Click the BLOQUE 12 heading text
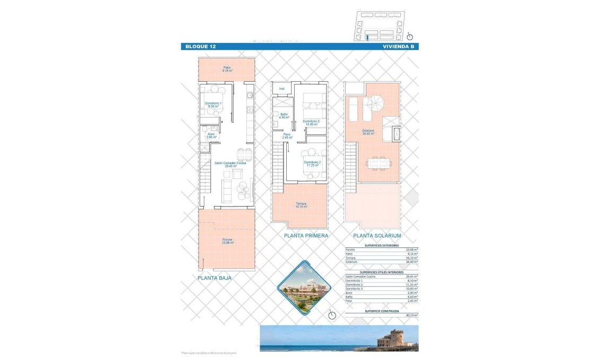pyautogui.click(x=200, y=47)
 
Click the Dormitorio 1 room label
pyautogui.click(x=213, y=105)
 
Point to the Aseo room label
pyautogui.click(x=211, y=135)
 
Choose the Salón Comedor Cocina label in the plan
pyautogui.click(x=230, y=165)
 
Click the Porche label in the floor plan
pyautogui.click(x=228, y=241)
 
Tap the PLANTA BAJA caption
pyautogui.click(x=215, y=277)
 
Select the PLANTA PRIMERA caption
pyautogui.click(x=306, y=236)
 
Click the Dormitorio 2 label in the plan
pyautogui.click(x=312, y=164)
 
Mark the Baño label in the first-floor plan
pyautogui.click(x=285, y=115)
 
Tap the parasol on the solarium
pyautogui.click(x=378, y=101)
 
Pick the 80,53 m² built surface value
pyautogui.click(x=412, y=315)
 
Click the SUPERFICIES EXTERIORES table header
pyautogui.click(x=381, y=246)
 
